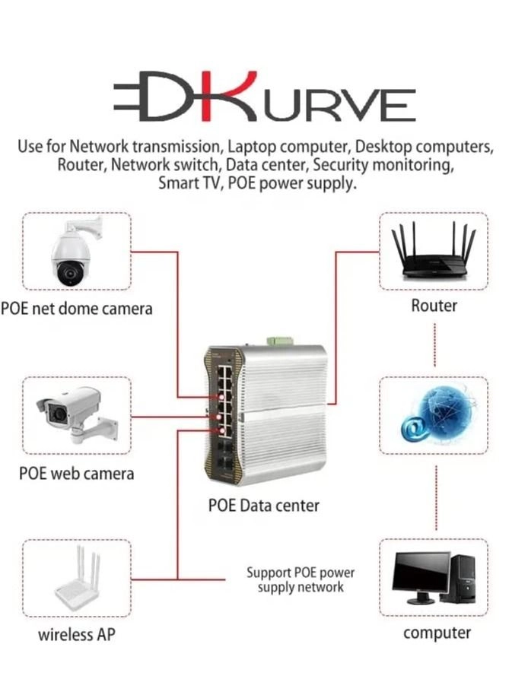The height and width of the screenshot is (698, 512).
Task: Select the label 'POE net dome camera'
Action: pos(77,309)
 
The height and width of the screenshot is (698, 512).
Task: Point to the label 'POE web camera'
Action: pos(76,473)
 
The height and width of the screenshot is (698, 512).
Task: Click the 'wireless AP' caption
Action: pos(77,634)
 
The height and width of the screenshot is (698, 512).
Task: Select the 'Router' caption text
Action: pos(434,306)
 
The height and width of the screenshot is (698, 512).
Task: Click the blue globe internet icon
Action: pos(438,416)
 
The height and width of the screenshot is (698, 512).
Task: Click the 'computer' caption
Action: pos(437,633)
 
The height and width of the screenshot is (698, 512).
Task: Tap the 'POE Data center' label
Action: pos(263,506)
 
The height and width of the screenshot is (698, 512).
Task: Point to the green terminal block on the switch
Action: pos(280,341)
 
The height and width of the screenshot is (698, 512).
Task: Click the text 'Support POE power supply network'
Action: pos(301,579)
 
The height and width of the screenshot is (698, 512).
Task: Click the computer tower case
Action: pos(467,579)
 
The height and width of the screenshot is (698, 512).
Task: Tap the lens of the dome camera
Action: pos(69,271)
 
